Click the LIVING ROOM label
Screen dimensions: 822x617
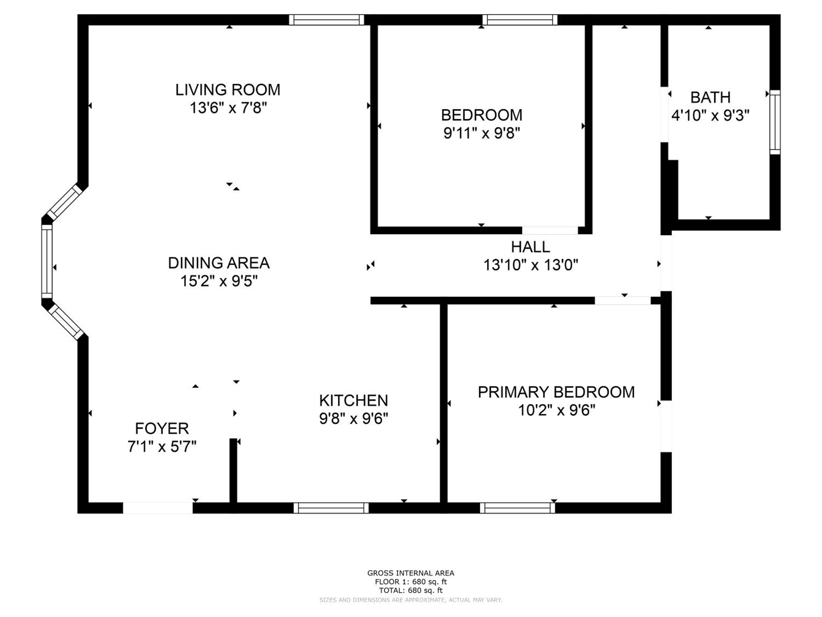tap(228, 90)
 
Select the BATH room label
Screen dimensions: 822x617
tap(710, 97)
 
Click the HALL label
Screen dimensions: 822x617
tap(530, 247)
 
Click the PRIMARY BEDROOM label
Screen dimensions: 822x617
tap(556, 392)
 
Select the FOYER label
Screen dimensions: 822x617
tap(162, 428)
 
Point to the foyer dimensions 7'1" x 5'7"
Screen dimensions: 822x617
tap(162, 446)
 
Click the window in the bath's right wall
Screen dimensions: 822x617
tap(775, 122)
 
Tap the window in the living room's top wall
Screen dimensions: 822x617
tap(327, 20)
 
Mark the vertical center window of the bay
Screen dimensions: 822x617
tap(47, 261)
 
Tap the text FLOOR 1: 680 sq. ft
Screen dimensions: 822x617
tap(411, 582)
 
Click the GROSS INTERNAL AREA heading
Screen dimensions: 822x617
tap(411, 573)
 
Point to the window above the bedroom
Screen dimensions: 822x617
tap(520, 20)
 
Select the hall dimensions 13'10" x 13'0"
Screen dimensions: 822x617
tap(531, 265)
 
